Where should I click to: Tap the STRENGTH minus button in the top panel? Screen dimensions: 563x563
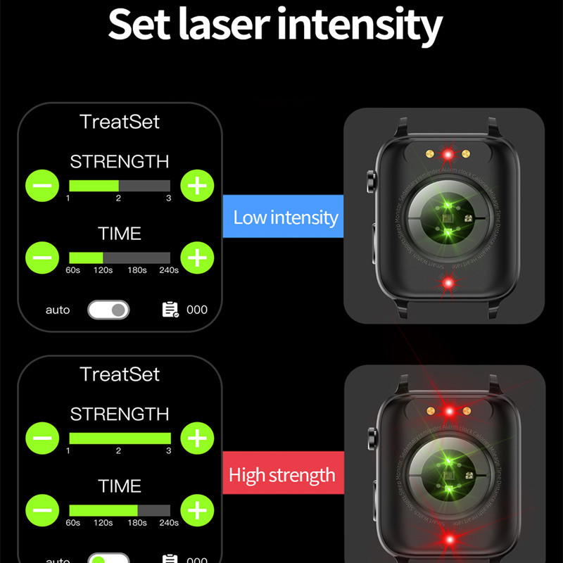42,186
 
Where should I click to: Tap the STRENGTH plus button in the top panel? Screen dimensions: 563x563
197,186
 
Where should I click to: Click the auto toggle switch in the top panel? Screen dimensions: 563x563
108,310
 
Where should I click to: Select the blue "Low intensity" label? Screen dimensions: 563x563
285,217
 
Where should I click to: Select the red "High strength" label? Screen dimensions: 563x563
281,475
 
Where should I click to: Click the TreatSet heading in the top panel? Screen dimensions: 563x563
120,122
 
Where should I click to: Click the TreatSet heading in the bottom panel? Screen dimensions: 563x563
120,374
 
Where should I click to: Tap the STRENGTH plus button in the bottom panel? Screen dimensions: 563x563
197,438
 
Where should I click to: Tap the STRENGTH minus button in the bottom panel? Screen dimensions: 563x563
42,438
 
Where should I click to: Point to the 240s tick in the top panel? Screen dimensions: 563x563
168,270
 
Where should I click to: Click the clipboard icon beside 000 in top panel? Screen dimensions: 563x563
170,310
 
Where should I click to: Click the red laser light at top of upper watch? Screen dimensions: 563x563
447,154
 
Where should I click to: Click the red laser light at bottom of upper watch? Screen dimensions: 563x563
447,283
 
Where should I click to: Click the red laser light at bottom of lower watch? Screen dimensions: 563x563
447,540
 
